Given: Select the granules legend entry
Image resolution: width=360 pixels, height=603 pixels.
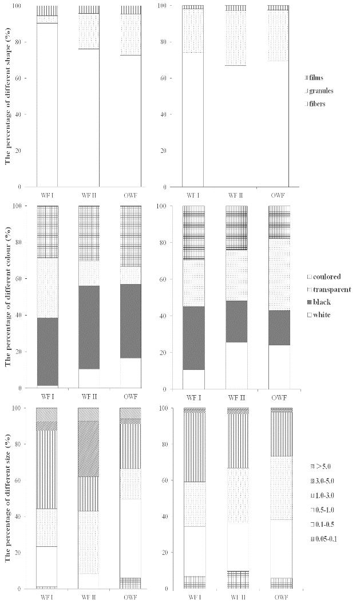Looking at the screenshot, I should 322,90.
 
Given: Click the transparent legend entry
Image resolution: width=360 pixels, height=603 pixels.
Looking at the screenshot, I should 328,289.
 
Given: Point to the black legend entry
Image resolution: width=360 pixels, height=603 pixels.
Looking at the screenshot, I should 321,302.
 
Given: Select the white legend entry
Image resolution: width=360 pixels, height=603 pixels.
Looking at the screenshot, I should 321,315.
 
